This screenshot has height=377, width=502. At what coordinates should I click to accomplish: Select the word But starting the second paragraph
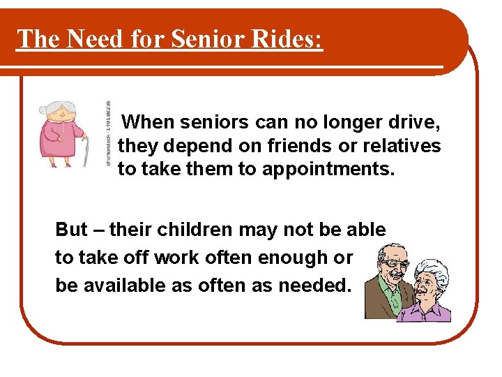coord(71,230)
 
